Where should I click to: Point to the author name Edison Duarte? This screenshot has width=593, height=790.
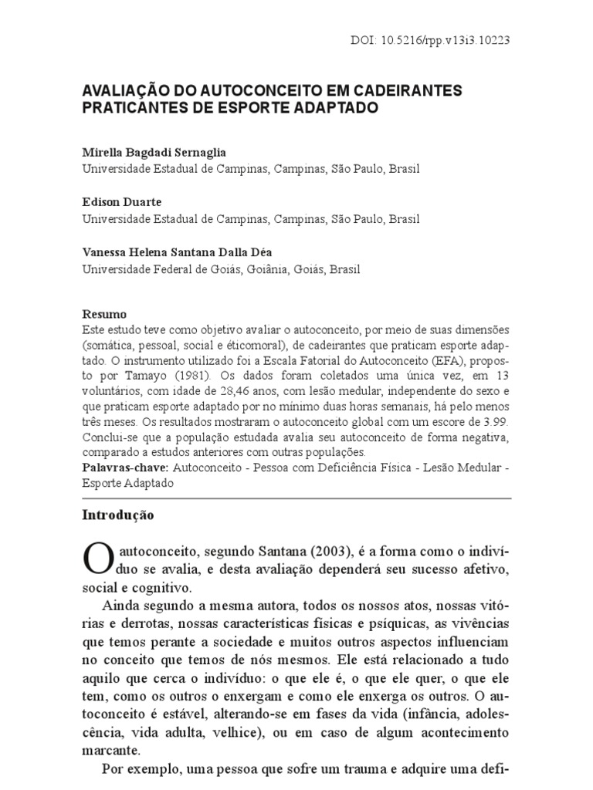[121, 203]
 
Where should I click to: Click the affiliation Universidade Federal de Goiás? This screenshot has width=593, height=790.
[157, 269]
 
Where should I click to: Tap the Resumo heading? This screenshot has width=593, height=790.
[104, 315]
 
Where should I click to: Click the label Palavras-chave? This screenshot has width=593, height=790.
[126, 468]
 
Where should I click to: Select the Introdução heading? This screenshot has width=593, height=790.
[118, 515]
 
